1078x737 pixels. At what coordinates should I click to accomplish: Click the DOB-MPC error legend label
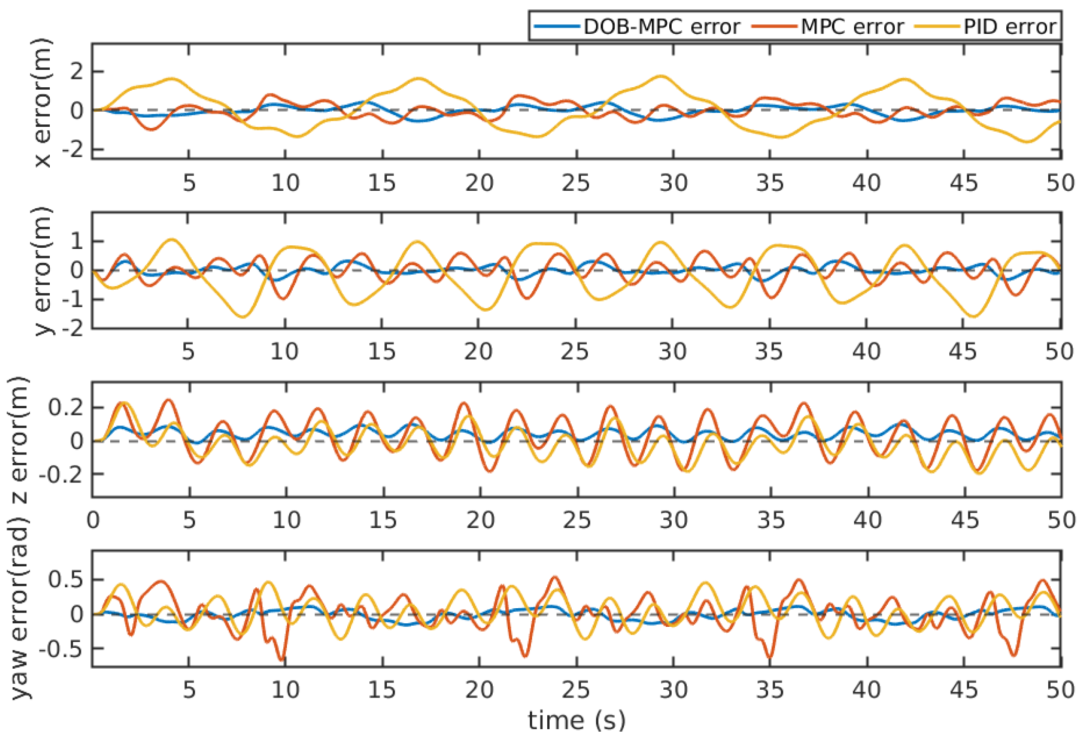662,27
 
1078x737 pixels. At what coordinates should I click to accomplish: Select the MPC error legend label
852,27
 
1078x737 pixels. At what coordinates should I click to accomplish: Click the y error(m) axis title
42,271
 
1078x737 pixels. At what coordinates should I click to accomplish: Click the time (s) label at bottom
577,720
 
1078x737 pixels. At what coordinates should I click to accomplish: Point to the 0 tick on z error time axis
93,520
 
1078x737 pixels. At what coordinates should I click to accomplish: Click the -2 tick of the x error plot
72,149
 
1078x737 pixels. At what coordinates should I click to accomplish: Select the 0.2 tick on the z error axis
66,407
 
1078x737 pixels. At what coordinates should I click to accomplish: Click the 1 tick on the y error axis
77,241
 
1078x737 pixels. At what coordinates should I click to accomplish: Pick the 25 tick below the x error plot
576,183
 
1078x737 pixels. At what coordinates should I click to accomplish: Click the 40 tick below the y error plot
866,352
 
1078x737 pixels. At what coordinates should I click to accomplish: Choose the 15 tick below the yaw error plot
382,690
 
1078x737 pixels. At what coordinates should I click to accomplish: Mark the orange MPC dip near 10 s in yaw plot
282,659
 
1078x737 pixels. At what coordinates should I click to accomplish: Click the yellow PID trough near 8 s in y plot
242,317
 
